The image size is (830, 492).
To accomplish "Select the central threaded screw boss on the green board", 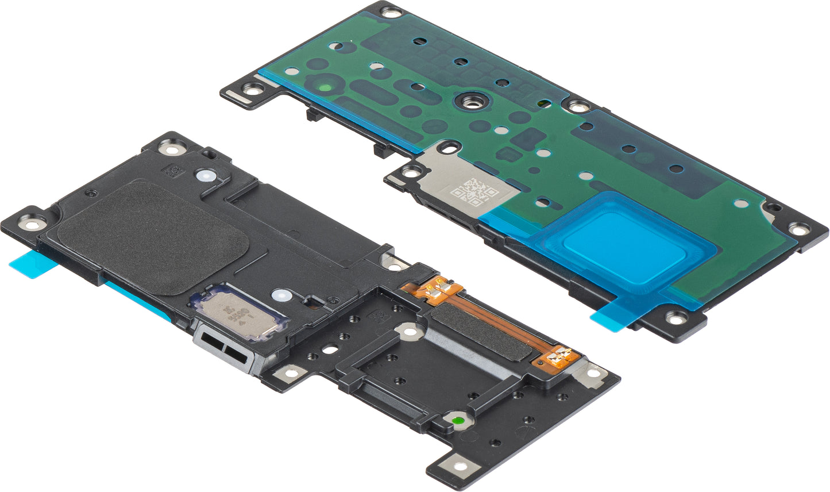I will (465, 102).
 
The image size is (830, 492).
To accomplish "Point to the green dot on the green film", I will (326, 88).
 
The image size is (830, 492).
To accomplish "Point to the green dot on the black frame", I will (458, 421).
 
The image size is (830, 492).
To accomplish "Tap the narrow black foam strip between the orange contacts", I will (482, 330).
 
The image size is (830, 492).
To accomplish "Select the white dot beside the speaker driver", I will (280, 296).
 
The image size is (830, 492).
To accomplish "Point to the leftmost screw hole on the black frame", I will (28, 221).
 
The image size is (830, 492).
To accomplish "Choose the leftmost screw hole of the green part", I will (250, 89).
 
